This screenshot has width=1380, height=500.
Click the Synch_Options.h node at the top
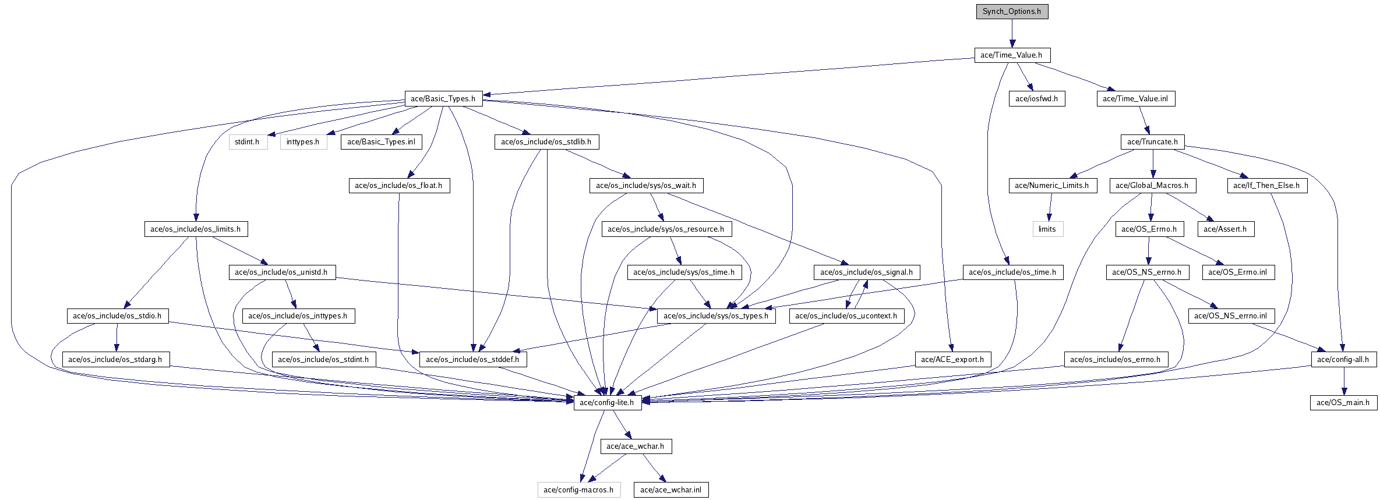(x=1012, y=12)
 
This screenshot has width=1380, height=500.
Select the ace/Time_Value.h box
(x=1012, y=55)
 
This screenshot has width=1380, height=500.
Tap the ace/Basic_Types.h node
(x=443, y=99)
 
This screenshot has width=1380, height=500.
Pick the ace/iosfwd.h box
(x=1037, y=99)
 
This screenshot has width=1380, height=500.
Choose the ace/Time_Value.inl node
(x=1136, y=99)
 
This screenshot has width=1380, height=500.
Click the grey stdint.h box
(x=248, y=142)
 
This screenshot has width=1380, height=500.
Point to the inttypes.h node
(x=303, y=142)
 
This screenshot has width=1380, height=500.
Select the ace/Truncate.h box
(x=1152, y=142)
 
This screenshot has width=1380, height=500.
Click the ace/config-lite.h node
(x=607, y=402)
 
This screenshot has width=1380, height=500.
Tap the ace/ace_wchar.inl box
(x=671, y=490)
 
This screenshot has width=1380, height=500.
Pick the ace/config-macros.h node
(x=578, y=490)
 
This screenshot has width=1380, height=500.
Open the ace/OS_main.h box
(x=1344, y=402)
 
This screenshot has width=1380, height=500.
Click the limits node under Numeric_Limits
(x=1047, y=229)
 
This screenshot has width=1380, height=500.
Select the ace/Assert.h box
(x=1226, y=229)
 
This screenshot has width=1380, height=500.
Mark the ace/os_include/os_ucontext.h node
(x=846, y=316)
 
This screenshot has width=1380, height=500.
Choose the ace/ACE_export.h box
(x=952, y=359)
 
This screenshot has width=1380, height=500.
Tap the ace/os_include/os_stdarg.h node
(x=115, y=359)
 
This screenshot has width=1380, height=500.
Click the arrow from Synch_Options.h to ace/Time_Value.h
(x=1012, y=33)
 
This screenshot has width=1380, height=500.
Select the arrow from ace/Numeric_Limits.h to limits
(x=1050, y=207)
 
